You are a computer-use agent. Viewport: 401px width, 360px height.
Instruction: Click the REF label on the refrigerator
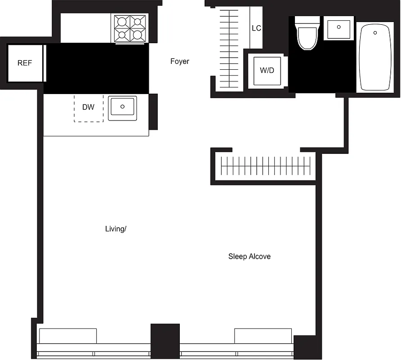[25, 63]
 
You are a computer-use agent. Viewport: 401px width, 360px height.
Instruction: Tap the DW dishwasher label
[89, 107]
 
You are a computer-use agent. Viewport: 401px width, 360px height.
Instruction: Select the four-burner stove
[131, 28]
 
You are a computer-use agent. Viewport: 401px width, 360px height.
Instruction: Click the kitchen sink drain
[122, 107]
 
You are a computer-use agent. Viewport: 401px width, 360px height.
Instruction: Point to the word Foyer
[179, 61]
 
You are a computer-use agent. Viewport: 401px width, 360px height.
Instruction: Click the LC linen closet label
[256, 28]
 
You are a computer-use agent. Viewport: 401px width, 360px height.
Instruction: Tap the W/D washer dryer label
[267, 71]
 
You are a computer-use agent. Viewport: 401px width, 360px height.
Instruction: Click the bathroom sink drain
[339, 27]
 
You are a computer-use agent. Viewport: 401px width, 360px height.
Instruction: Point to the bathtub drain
[374, 32]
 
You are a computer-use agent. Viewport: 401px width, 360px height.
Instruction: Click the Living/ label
[116, 229]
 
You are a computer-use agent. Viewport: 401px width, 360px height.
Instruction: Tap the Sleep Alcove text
[250, 256]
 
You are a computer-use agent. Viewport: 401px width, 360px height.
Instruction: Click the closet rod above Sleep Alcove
[267, 166]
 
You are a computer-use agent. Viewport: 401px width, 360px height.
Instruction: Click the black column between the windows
[165, 341]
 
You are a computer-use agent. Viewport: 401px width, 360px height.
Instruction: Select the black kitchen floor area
[97, 68]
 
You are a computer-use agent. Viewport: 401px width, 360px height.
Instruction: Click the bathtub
[374, 58]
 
